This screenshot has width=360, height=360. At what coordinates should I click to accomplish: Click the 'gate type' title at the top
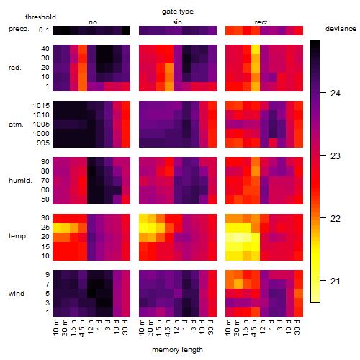(178, 12)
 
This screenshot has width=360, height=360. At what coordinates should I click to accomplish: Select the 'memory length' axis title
(178, 350)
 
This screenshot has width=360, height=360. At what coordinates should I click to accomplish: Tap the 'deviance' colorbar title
(341, 29)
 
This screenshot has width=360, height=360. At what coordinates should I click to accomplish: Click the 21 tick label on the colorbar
(336, 281)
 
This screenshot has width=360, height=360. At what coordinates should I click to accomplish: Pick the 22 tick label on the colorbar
(336, 218)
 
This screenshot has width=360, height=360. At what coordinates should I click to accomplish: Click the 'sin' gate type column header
(177, 22)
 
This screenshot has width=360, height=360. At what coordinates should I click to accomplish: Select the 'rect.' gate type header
(262, 22)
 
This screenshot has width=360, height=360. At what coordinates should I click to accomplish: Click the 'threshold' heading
(40, 17)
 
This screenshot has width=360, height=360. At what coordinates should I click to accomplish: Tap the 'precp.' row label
(19, 29)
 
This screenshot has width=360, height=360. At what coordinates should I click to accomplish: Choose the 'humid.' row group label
(20, 180)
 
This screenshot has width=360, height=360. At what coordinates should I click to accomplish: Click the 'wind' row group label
(17, 294)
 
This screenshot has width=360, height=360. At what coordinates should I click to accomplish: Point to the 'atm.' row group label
(16, 125)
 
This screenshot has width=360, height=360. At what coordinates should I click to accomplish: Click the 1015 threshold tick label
(41, 105)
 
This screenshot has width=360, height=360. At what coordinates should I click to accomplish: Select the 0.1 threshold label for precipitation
(44, 30)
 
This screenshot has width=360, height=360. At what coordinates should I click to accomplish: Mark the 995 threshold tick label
(43, 143)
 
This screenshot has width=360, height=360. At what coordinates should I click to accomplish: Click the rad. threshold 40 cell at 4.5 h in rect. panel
(256, 49)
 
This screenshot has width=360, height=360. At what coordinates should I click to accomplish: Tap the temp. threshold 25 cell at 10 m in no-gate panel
(57, 228)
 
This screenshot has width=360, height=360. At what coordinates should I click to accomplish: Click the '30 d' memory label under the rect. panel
(297, 327)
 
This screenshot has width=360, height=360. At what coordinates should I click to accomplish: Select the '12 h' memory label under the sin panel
(176, 327)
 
